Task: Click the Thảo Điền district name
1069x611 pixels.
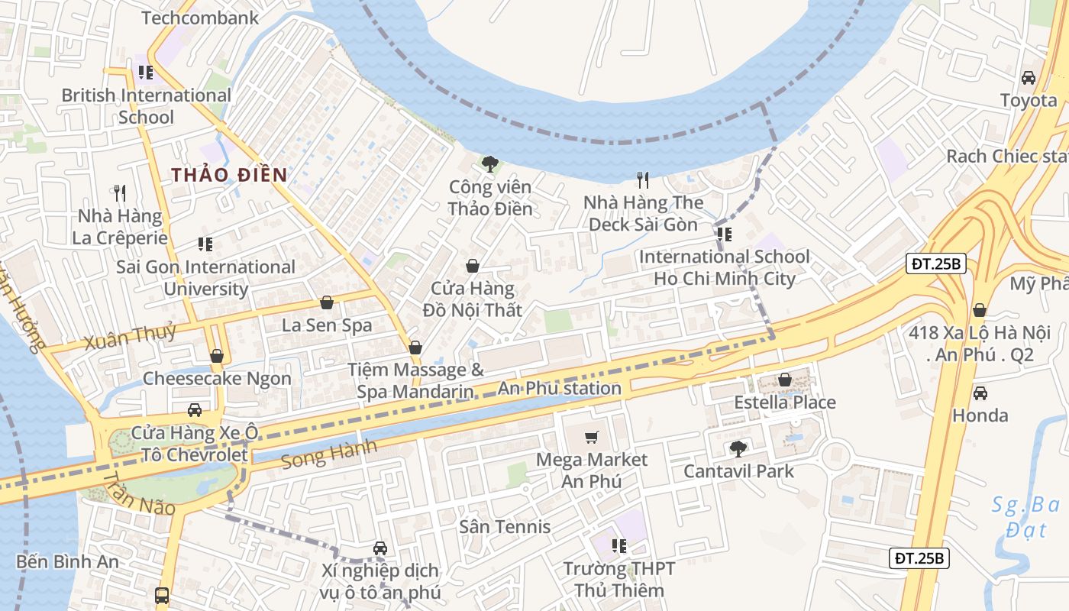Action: click(229, 175)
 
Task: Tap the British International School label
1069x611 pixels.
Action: click(146, 106)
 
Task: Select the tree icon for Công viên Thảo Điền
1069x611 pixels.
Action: click(489, 163)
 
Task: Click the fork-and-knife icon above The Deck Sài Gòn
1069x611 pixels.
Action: click(643, 180)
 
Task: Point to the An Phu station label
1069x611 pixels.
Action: click(560, 388)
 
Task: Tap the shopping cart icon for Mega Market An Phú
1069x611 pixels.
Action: click(592, 437)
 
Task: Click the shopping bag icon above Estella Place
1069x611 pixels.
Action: click(784, 380)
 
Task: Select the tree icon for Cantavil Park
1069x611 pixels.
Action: click(738, 448)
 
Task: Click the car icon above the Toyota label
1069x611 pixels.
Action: click(1029, 78)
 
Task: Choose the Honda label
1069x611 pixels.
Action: click(980, 415)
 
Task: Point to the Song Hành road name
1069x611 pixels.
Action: click(328, 455)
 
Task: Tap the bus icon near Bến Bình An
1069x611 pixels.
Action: click(162, 595)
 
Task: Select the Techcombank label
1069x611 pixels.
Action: click(200, 18)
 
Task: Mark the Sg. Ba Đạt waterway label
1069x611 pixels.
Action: click(1025, 516)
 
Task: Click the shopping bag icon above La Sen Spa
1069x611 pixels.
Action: click(327, 302)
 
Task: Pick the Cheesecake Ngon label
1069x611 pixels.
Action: click(217, 378)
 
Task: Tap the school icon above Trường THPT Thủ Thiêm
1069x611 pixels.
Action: click(618, 545)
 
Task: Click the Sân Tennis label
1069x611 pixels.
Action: click(505, 526)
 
